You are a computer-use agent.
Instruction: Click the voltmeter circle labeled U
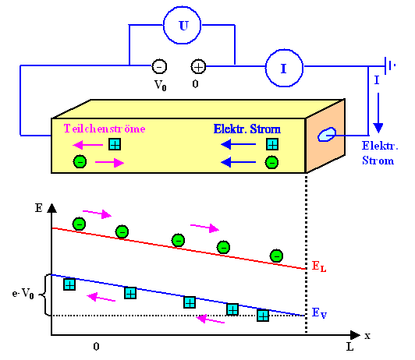click(183, 26)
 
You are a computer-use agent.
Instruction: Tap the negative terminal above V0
click(158, 67)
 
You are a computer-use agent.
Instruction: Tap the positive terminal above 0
click(199, 67)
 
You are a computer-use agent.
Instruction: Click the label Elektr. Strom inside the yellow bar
click(246, 128)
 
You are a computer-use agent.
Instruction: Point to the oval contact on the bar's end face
click(324, 136)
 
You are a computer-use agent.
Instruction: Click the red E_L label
click(319, 266)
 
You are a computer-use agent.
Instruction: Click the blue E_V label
click(319, 312)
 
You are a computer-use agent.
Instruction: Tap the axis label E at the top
click(39, 208)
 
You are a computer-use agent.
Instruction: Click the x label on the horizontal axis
click(367, 335)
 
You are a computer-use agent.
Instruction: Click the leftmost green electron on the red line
click(79, 224)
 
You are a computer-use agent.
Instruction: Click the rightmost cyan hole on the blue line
click(263, 315)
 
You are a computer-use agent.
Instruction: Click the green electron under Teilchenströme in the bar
click(79, 162)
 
